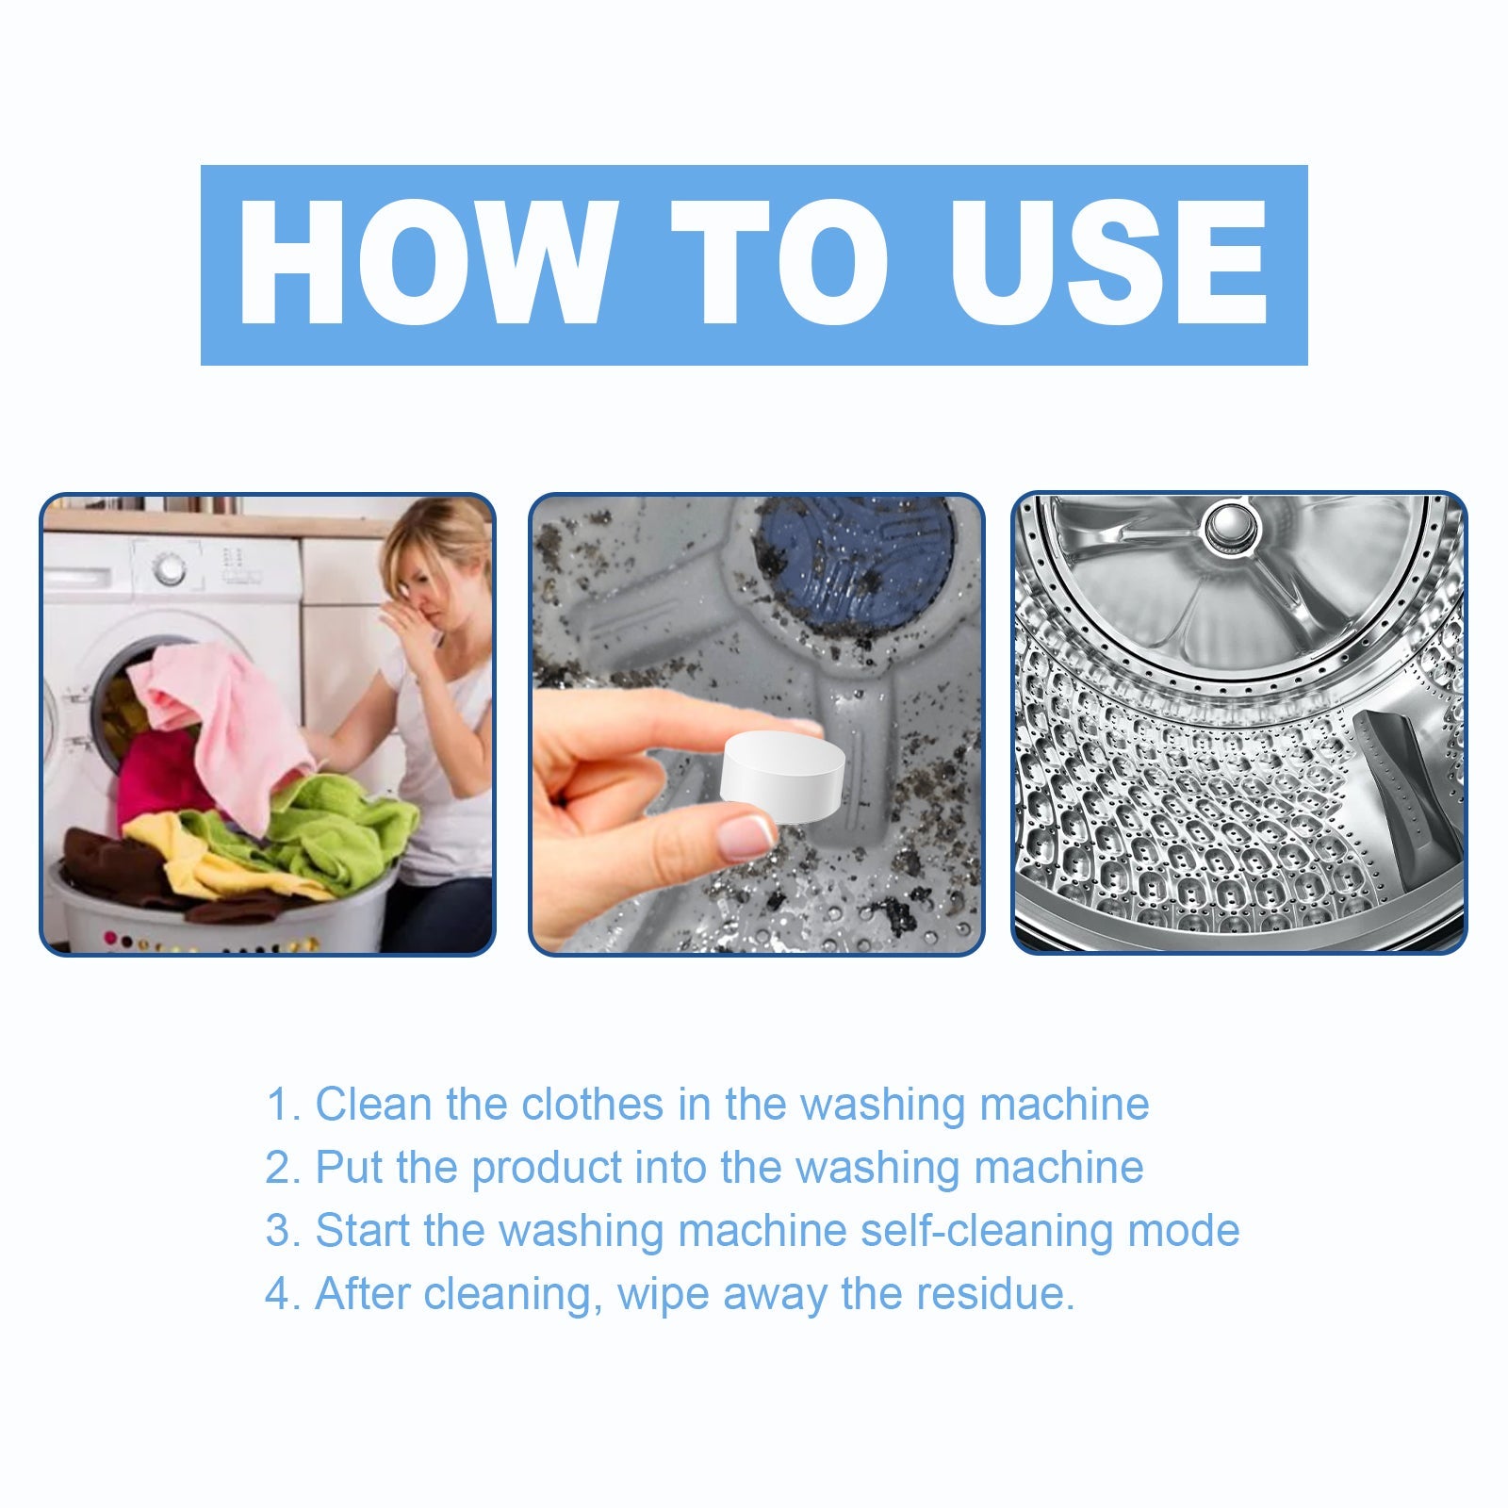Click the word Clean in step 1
[373, 1104]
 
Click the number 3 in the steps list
[280, 1231]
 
